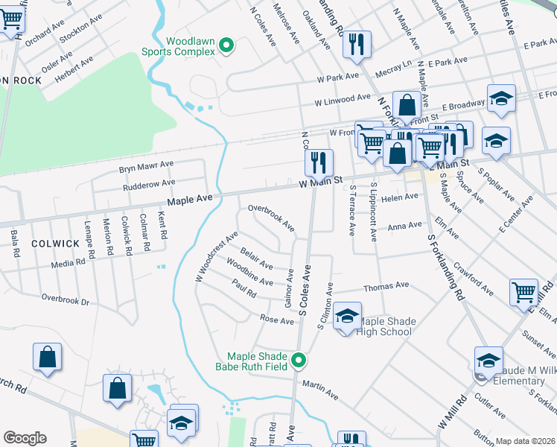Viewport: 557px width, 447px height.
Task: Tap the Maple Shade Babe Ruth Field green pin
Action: click(299, 361)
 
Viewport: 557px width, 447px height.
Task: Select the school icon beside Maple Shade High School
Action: click(347, 317)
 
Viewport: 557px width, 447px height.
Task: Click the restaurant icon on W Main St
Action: click(319, 163)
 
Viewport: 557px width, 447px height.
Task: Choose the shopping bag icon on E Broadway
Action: click(407, 106)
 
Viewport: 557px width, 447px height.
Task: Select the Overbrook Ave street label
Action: click(271, 218)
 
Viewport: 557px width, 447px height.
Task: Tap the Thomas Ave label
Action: click(386, 285)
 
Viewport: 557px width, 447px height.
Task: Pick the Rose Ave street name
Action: click(276, 320)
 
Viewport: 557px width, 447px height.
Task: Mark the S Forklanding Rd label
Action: click(446, 267)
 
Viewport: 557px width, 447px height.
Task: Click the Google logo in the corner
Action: click(25, 438)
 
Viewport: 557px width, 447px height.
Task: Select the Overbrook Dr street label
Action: click(65, 301)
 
